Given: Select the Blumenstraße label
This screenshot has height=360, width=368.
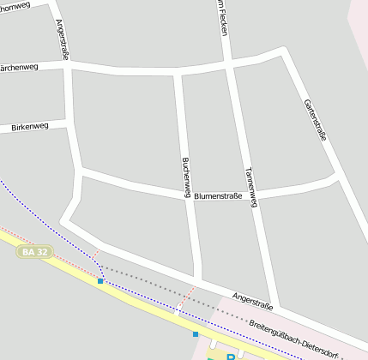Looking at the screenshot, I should pyautogui.click(x=218, y=196).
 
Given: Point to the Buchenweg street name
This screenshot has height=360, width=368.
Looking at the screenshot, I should pyautogui.click(x=185, y=175).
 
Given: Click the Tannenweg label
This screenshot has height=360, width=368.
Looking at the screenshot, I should pyautogui.click(x=250, y=185).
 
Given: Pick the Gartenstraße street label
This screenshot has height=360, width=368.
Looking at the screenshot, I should pyautogui.click(x=315, y=119).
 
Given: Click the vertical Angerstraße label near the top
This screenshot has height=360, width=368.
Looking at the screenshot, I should pyautogui.click(x=63, y=39).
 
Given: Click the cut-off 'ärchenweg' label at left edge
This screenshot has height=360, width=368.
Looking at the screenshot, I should pyautogui.click(x=19, y=66).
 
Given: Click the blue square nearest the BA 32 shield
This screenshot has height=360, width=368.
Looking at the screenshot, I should pyautogui.click(x=100, y=280).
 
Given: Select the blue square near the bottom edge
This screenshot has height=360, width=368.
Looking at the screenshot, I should pyautogui.click(x=196, y=334).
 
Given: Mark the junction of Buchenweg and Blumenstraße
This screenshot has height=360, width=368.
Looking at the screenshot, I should pyautogui.click(x=189, y=197).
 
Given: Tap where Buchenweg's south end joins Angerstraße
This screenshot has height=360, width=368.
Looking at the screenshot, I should pyautogui.click(x=198, y=279).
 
